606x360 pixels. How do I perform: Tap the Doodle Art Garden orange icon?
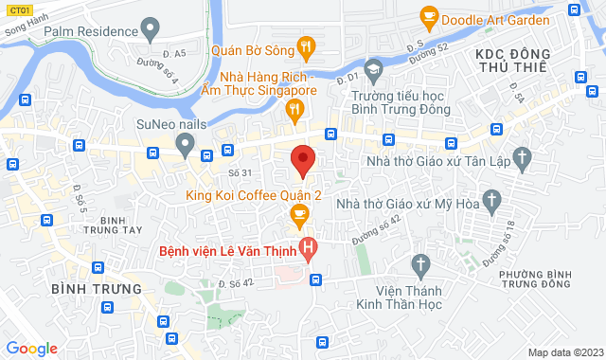pyautogui.click(x=429, y=16)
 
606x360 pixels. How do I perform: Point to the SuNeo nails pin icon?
pyautogui.click(x=186, y=145)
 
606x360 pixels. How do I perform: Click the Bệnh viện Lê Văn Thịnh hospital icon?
pyautogui.click(x=308, y=250)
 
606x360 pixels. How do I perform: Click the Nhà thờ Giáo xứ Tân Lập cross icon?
pyautogui.click(x=521, y=156)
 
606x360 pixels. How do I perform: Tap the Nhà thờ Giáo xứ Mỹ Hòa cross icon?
pyautogui.click(x=490, y=200)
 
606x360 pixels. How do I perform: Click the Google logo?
pyautogui.click(x=30, y=348)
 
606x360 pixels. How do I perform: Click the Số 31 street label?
pyautogui.click(x=240, y=172)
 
